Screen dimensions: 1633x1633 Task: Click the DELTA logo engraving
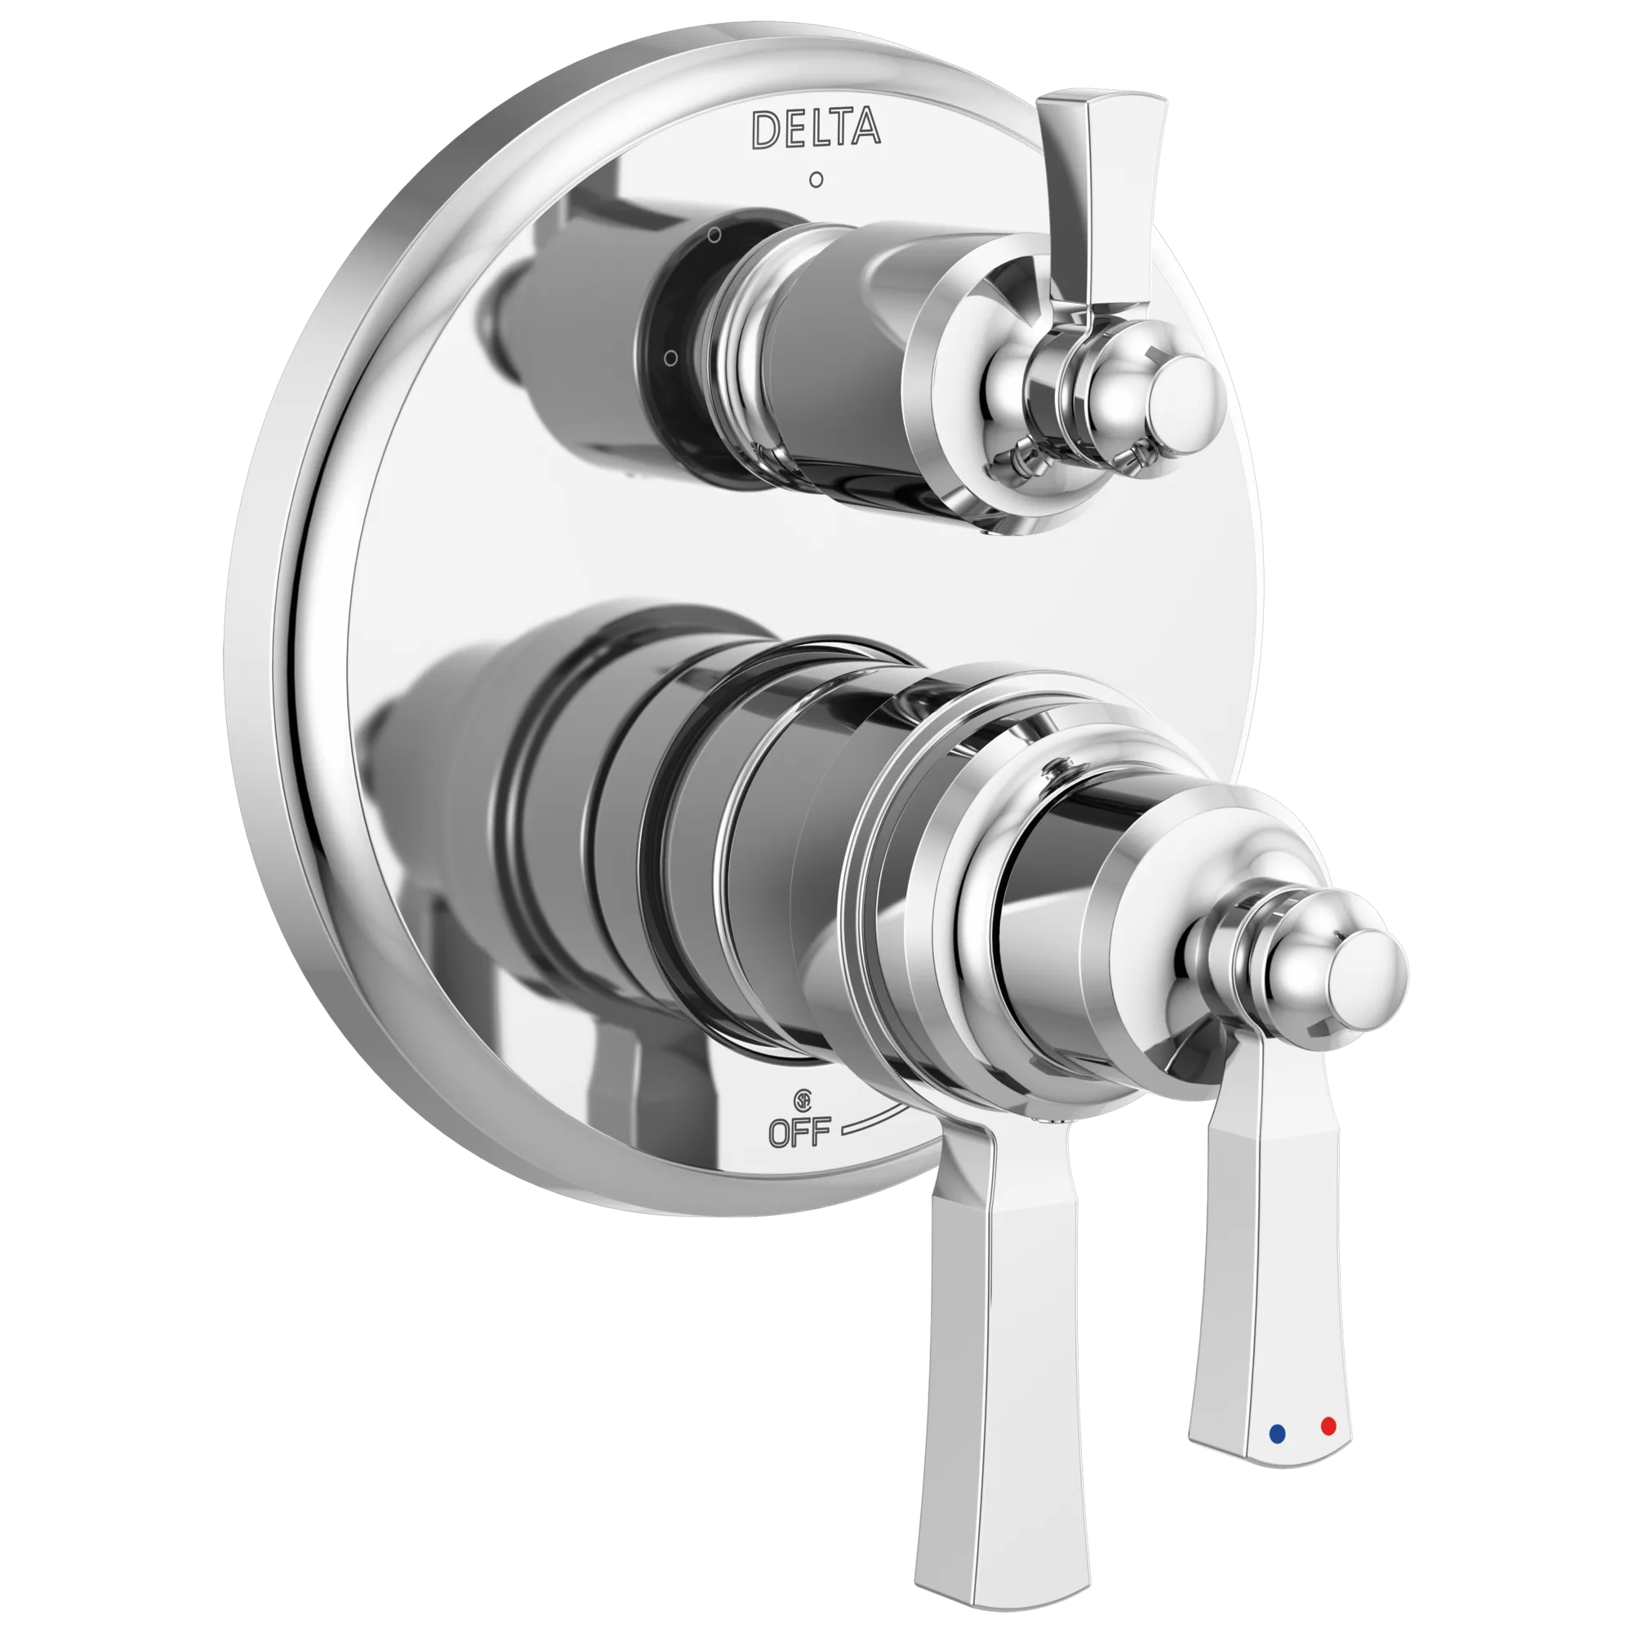click(816, 129)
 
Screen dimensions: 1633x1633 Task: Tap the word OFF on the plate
click(799, 1132)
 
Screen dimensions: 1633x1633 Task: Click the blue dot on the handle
click(1277, 1434)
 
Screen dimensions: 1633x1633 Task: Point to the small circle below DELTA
click(816, 179)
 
